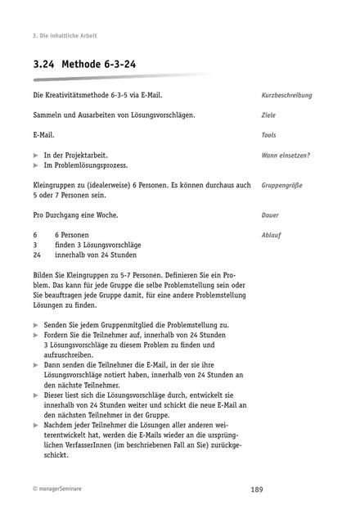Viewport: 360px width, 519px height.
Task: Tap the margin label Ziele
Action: click(x=268, y=115)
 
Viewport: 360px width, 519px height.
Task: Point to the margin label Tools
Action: click(x=269, y=135)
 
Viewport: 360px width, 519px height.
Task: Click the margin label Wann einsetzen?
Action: click(x=286, y=155)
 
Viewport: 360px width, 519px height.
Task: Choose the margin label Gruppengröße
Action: click(x=281, y=185)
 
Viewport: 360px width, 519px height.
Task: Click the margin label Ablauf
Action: click(x=272, y=234)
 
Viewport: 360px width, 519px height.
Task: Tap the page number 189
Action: click(x=256, y=489)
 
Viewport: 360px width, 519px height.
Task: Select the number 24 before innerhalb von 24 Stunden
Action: click(x=37, y=255)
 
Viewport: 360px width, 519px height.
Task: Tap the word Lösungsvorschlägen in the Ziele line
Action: click(x=160, y=115)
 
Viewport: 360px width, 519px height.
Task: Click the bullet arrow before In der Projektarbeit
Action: click(x=36, y=155)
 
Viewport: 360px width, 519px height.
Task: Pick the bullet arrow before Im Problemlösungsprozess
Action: click(x=36, y=165)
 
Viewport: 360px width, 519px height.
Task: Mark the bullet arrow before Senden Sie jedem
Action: click(x=36, y=325)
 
